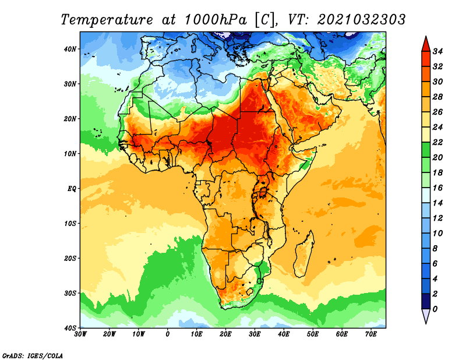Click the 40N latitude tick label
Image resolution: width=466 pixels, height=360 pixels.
(70, 49)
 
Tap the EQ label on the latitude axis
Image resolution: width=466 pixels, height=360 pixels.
(72, 189)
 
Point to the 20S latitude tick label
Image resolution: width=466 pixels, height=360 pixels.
(70, 258)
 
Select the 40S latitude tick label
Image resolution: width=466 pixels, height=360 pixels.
(70, 328)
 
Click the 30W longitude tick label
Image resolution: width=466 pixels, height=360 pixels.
(80, 334)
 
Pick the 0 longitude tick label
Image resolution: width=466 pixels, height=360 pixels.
(168, 334)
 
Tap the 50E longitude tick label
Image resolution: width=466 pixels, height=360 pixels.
(313, 334)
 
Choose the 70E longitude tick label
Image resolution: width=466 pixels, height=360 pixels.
(371, 334)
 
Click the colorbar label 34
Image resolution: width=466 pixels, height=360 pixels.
(437, 51)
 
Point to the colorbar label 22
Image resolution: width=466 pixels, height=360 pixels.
(437, 142)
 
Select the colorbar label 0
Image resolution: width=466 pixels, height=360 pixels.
(435, 309)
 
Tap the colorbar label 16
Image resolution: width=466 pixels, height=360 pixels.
(437, 188)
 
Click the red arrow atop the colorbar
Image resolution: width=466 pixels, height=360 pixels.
(426, 44)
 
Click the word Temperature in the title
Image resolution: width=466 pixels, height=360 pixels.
(107, 20)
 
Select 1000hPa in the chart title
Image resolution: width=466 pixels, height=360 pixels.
(216, 20)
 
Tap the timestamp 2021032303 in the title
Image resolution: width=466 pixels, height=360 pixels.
(361, 20)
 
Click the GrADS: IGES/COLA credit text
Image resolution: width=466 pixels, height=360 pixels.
(33, 355)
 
